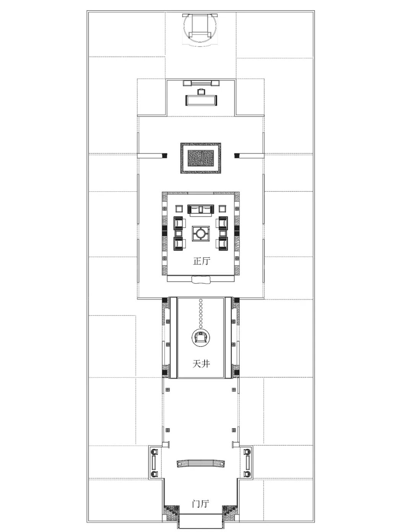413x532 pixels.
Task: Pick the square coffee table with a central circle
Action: (201, 234)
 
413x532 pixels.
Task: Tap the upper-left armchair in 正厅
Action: (180, 223)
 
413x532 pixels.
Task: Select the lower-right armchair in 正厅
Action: (222, 244)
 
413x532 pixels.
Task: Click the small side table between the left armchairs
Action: (179, 233)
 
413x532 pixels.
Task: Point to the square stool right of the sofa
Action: (222, 209)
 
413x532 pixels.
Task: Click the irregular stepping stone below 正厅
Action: (201, 279)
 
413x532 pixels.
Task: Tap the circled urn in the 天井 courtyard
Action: (200, 338)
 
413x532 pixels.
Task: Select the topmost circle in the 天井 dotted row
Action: (201, 300)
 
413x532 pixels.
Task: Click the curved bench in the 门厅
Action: (201, 463)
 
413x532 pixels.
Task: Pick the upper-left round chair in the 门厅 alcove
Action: (155, 451)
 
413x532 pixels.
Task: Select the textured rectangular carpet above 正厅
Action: (201, 158)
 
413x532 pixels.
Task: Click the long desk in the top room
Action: (201, 100)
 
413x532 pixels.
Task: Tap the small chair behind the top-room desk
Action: (201, 92)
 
